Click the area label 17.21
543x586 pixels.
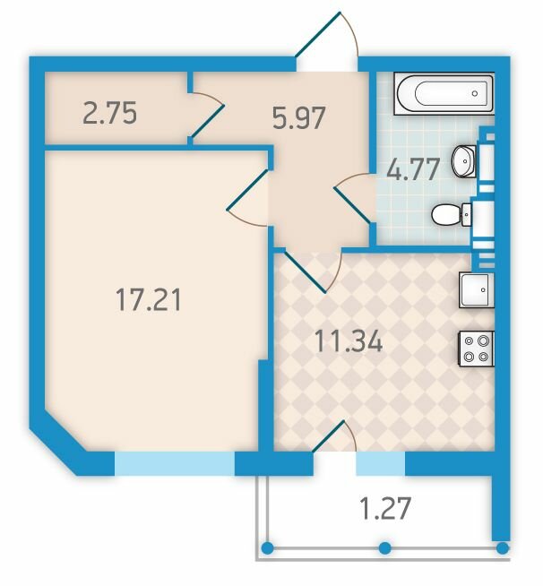(x=149, y=299)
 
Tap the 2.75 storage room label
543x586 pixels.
(x=109, y=113)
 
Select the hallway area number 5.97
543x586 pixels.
(x=299, y=117)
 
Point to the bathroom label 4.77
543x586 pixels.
(x=413, y=169)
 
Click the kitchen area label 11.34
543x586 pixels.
(x=349, y=341)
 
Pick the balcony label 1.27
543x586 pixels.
(x=385, y=508)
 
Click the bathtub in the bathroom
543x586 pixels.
(x=444, y=93)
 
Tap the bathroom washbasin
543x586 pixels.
(x=464, y=161)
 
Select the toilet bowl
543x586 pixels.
(x=452, y=215)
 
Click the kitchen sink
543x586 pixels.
(x=477, y=290)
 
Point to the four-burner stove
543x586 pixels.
(x=477, y=349)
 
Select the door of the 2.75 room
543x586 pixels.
(x=208, y=121)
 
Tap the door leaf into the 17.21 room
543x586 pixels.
(x=247, y=189)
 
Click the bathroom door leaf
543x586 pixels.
(x=353, y=206)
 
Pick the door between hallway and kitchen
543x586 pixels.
(x=305, y=271)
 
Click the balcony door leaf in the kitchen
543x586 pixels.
(x=328, y=436)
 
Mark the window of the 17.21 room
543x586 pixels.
(x=175, y=463)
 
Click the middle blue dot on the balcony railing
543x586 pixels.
(x=385, y=548)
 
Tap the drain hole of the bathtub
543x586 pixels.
(x=475, y=93)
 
